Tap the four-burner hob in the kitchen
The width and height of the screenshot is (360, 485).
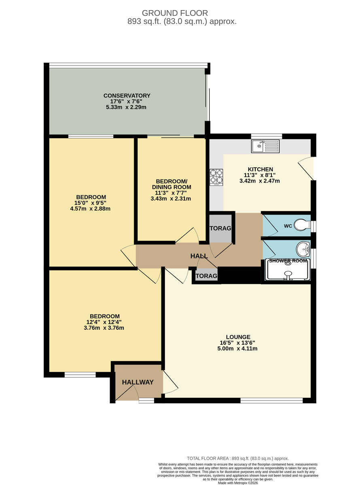click(216, 177)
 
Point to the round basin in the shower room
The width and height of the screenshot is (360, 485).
click(302, 247)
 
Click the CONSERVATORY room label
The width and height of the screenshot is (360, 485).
click(127, 96)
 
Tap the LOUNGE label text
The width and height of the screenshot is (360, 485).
click(238, 337)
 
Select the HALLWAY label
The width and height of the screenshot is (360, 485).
click(138, 382)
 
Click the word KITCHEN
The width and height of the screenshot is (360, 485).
click(260, 169)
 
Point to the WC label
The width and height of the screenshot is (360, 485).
click(288, 226)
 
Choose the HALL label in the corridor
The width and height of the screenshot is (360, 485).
click(199, 256)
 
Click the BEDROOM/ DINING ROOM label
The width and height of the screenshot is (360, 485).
click(171, 184)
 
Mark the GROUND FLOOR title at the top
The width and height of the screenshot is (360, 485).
click(179, 13)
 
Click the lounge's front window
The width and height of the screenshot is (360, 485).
click(271, 401)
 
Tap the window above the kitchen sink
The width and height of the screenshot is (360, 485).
click(266, 135)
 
